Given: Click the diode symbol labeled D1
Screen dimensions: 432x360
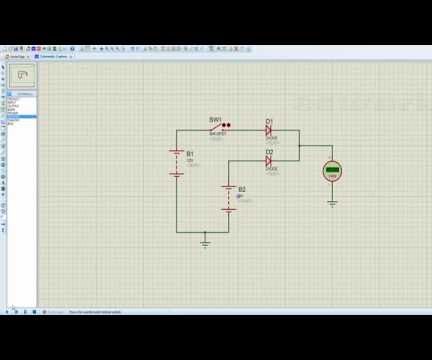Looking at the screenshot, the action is click(269, 130).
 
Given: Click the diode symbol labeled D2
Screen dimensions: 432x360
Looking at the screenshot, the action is click(269, 159).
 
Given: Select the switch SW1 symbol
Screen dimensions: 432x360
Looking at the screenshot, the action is click(218, 129).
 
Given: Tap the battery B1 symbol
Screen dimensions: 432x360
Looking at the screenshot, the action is click(177, 162).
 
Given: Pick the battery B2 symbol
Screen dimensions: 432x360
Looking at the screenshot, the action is click(229, 196).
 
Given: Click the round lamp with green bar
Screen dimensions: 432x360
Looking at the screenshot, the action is click(332, 171).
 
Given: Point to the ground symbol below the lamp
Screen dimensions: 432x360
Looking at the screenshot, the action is click(332, 203).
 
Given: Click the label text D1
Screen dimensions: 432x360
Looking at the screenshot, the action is click(269, 121).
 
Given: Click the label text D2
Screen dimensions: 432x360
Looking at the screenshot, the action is click(269, 150).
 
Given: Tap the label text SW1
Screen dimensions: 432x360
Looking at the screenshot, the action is click(215, 120).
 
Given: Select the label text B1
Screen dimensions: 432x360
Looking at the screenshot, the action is click(190, 153).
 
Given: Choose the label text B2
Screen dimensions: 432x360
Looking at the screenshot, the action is click(242, 188).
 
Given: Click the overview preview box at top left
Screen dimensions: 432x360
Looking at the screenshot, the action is click(22, 74).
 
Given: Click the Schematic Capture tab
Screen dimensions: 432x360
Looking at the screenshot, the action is click(52, 57).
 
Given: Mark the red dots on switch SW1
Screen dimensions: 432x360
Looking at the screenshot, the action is click(226, 126).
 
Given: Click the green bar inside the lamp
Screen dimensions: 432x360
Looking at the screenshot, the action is click(332, 170).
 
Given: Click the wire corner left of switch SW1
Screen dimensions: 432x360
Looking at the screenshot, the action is click(177, 130).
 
